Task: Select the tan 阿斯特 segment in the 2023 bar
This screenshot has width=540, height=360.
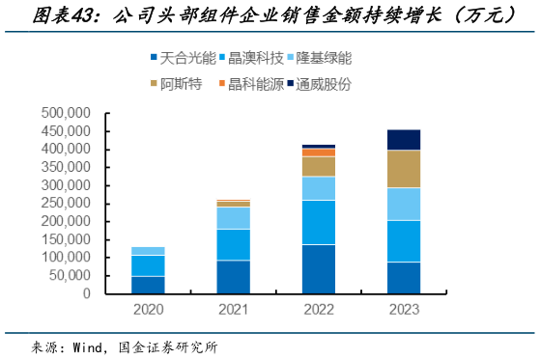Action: coord(403,169)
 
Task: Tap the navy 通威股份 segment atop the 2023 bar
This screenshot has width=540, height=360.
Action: coord(403,140)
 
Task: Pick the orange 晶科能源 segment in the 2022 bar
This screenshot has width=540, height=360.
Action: coord(318,152)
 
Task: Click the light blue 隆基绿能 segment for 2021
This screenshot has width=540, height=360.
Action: coord(233,218)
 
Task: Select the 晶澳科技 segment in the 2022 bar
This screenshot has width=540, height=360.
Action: coord(318,222)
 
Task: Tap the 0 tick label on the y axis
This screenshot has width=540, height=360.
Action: coord(86,294)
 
